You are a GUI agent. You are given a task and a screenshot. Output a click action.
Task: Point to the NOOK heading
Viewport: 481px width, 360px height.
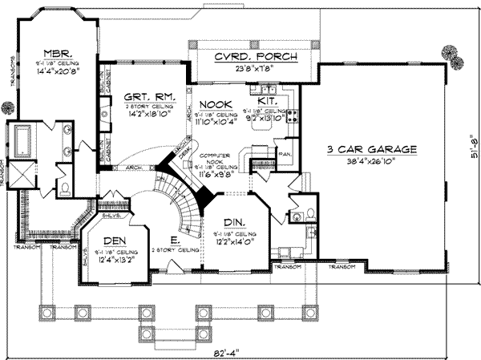215,105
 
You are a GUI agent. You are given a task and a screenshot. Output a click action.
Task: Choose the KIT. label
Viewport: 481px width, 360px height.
267,103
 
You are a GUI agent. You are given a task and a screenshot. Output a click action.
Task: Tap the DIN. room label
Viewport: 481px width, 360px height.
233,220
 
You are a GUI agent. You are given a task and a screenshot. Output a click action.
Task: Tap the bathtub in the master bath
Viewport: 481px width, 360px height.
18,142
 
